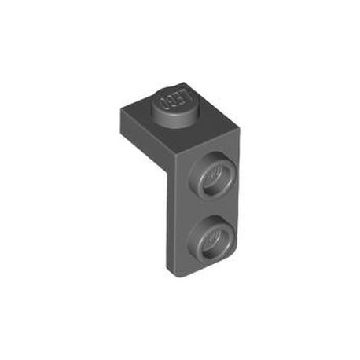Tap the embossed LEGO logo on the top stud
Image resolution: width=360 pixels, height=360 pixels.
click(x=174, y=100)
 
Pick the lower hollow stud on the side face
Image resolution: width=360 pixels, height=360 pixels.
click(x=211, y=237)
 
